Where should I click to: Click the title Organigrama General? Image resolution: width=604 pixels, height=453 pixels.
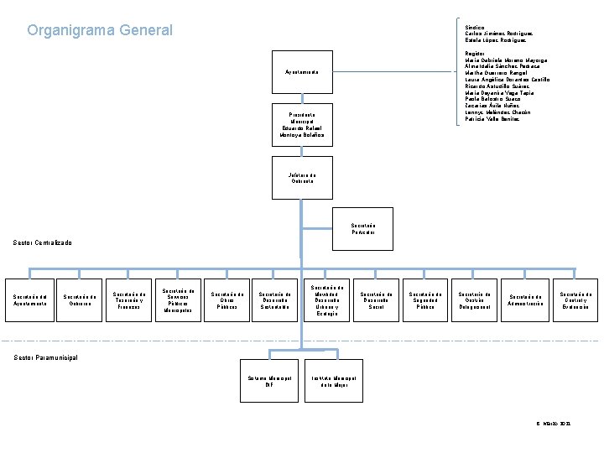[x=100, y=31]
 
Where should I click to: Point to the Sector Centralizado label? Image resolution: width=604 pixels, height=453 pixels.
[x=43, y=243]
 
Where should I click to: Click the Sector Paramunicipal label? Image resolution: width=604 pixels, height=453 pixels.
[x=45, y=357]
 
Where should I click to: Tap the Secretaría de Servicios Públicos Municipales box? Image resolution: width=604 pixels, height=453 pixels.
[x=180, y=300]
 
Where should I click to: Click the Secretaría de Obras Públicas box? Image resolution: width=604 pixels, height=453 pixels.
[x=228, y=300]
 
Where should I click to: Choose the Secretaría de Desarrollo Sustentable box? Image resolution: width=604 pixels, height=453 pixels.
[x=276, y=300]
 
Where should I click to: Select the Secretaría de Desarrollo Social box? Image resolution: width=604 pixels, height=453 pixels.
[x=376, y=300]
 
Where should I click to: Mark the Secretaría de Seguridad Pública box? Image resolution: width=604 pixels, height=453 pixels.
[x=426, y=300]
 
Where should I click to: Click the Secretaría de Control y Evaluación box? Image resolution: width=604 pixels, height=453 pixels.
[x=576, y=300]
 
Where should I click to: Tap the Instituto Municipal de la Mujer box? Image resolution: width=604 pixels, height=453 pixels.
[x=334, y=382]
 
